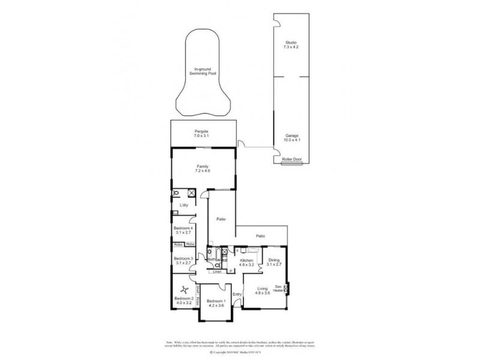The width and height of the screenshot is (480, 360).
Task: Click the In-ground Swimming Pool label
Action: coord(201,71)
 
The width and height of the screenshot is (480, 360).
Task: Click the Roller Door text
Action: coord(292,159)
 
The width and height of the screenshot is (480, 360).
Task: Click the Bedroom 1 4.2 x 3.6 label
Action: coord(215,304)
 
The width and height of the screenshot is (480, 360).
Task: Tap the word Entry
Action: coord(236,294)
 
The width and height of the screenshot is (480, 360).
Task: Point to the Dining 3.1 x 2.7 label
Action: coord(274,262)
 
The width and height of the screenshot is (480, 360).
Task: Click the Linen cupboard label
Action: coord(217,272)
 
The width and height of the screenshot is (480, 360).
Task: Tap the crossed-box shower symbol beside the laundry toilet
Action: coord(190,193)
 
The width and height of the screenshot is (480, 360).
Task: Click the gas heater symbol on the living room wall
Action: coord(287,289)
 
